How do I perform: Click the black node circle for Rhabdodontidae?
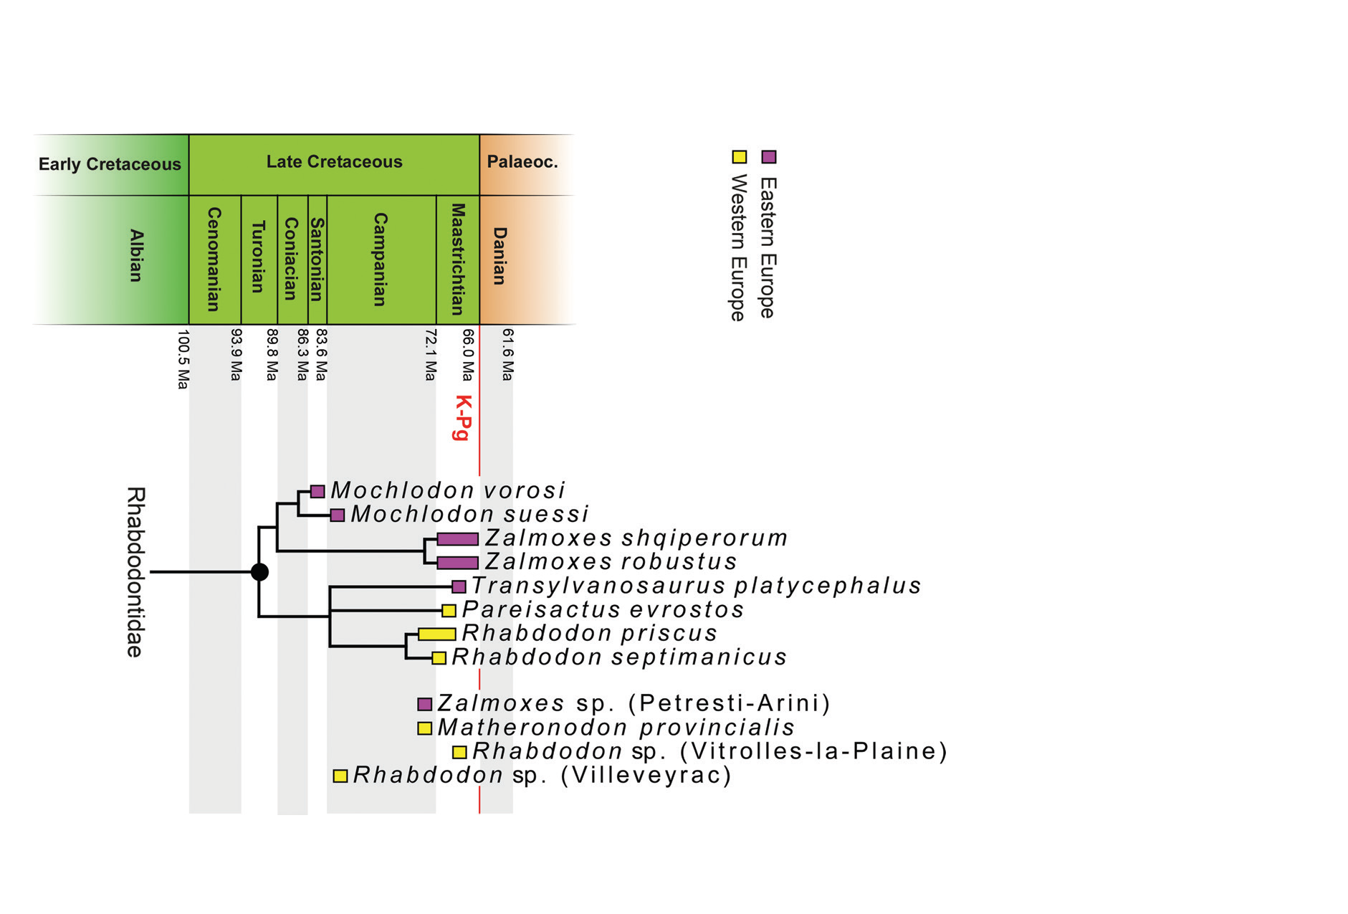point(259,572)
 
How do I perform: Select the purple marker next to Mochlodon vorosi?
point(317,492)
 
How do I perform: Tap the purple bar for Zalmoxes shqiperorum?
point(457,539)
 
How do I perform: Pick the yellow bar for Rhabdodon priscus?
point(436,634)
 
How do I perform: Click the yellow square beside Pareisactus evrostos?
point(449,611)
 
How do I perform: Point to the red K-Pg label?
point(464,417)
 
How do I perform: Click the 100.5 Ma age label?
point(183,359)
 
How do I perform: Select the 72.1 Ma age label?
point(430,355)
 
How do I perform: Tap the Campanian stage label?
point(381,259)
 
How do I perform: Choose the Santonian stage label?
point(317,259)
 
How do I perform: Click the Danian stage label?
point(499,256)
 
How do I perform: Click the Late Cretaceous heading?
point(334,162)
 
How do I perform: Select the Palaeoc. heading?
point(522,162)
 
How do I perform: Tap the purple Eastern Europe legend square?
point(768,157)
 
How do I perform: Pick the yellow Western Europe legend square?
point(739,157)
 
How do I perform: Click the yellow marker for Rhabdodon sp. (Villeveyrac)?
point(340,776)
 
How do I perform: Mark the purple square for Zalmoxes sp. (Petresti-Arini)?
point(424,704)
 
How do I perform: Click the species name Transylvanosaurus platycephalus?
point(696,586)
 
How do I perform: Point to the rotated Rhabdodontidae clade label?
point(135,572)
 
